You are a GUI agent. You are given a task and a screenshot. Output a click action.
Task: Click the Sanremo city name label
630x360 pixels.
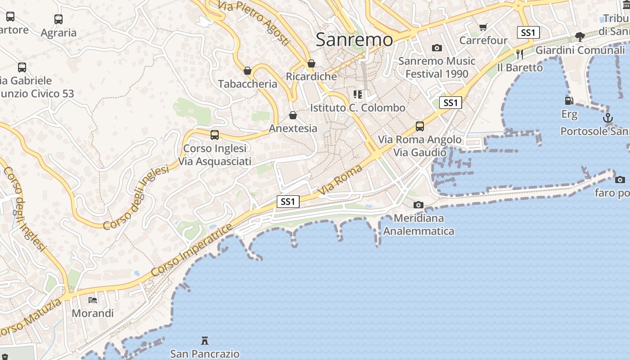tap(354, 40)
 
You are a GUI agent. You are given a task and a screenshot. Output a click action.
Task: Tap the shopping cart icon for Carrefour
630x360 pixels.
tap(483, 27)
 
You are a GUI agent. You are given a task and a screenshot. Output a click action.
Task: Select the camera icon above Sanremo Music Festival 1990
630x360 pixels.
tap(436, 48)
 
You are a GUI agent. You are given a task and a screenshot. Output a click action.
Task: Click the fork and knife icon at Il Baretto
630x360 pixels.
tap(520, 54)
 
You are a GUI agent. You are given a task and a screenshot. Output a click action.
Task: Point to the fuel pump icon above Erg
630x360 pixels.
tap(569, 101)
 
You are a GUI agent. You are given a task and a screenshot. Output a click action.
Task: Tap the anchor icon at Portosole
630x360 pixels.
tap(608, 118)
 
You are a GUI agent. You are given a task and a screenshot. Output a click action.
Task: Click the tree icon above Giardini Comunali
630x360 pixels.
tap(580, 36)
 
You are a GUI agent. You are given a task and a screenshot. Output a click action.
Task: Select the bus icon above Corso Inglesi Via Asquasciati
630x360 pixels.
tap(215, 135)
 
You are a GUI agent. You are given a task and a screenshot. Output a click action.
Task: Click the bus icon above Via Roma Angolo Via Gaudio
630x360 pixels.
tap(420, 126)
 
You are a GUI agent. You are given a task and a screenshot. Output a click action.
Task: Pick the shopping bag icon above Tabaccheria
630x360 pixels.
tap(247, 71)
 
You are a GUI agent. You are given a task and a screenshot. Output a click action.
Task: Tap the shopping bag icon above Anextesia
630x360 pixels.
tap(293, 115)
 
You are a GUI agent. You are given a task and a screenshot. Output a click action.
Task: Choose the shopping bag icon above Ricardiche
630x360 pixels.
tap(311, 63)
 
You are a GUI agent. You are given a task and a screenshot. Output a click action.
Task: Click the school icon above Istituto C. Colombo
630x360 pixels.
tap(358, 94)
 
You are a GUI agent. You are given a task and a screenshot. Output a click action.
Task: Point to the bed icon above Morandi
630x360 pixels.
tap(93, 300)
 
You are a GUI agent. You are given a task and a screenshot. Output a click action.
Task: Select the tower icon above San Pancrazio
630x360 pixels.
tap(205, 340)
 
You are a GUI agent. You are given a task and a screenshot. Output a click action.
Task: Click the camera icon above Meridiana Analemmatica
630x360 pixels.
tap(418, 205)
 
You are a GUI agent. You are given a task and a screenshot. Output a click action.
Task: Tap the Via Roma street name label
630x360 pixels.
tap(340, 180)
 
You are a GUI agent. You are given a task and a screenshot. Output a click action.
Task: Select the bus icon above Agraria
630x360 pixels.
tap(58, 19)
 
